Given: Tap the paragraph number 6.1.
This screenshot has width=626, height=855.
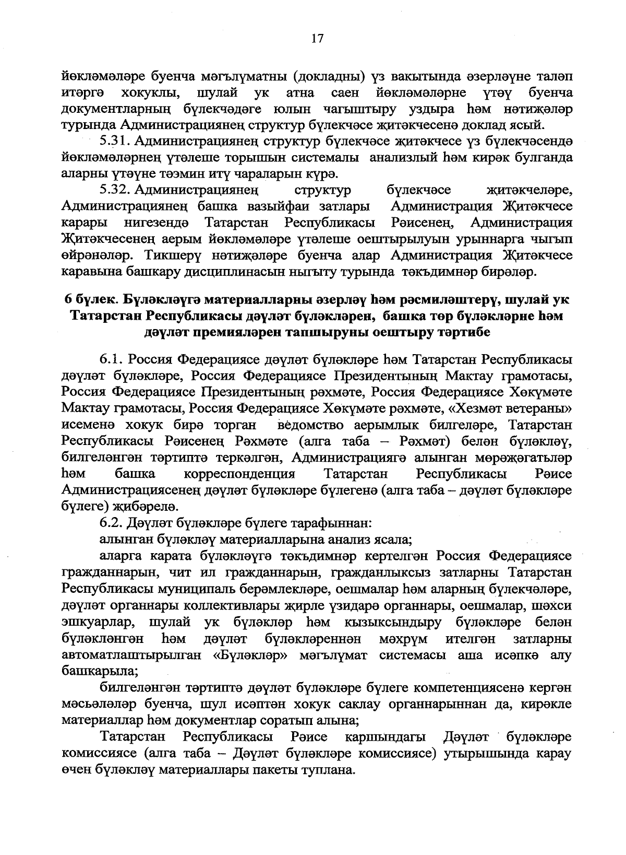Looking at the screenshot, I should [111, 360].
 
